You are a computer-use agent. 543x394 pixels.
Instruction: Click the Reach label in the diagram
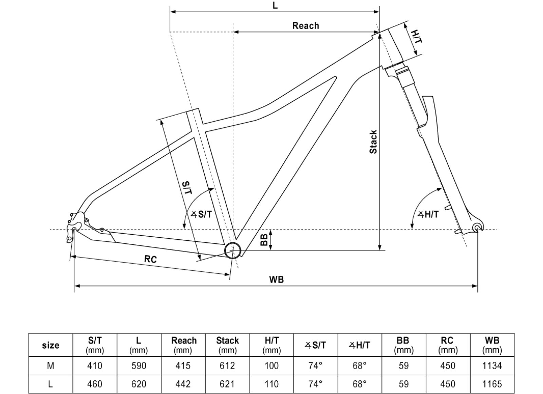click(x=305, y=26)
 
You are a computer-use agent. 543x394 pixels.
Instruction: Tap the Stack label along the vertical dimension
click(x=373, y=142)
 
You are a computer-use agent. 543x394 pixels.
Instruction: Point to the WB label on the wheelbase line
click(x=276, y=279)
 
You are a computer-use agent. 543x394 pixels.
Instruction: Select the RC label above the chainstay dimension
click(x=150, y=259)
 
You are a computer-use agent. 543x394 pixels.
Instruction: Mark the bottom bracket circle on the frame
click(x=233, y=251)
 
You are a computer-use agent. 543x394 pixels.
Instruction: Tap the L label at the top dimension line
click(x=275, y=6)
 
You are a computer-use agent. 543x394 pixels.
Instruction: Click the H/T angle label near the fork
click(x=428, y=214)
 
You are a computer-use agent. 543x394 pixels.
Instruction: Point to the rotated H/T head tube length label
click(x=416, y=37)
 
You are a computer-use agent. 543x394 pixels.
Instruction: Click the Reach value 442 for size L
click(x=184, y=384)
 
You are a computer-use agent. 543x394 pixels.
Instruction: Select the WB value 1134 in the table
click(x=492, y=366)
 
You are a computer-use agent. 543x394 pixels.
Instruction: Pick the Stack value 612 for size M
click(x=227, y=366)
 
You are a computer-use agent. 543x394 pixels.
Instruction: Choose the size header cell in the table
click(x=51, y=345)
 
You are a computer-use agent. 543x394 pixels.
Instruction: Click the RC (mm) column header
click(x=448, y=345)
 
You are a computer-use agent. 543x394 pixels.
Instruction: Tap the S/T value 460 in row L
click(x=95, y=384)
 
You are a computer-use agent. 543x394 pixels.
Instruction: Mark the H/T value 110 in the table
click(x=271, y=384)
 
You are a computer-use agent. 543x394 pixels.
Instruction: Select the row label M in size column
click(x=51, y=366)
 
